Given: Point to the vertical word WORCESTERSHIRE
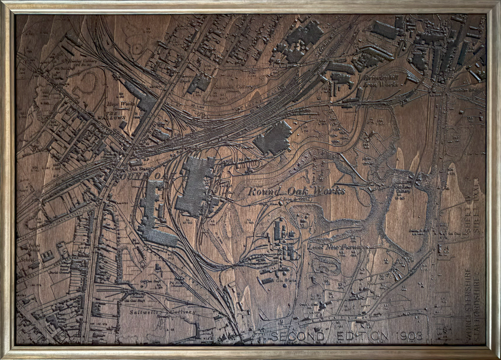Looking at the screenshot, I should coord(468,304).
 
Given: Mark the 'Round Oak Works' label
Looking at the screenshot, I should coord(296,192).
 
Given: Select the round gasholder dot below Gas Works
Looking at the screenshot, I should coord(285,286).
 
